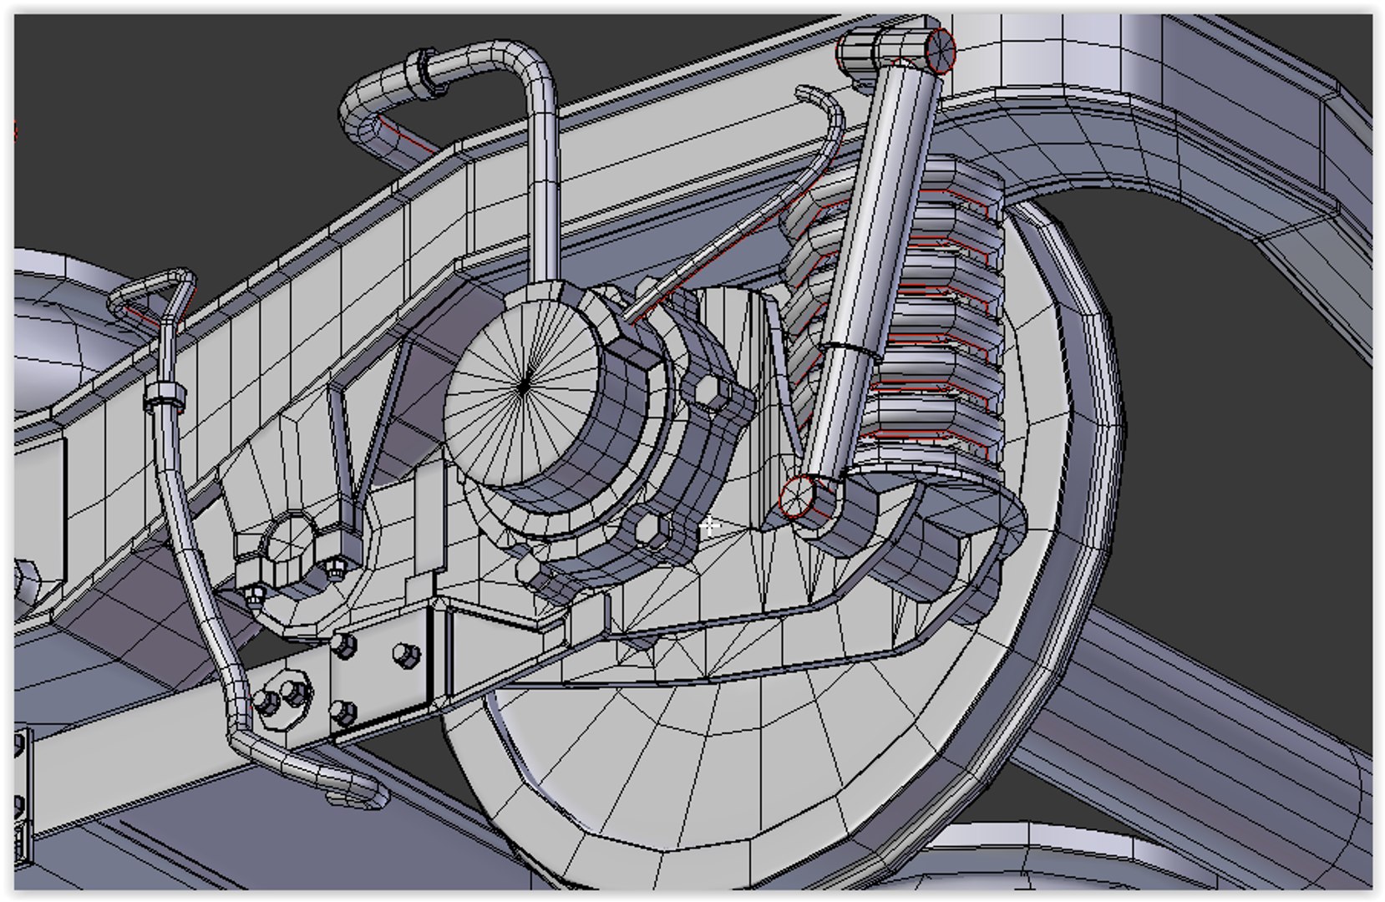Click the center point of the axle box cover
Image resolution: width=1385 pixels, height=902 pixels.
point(524,386)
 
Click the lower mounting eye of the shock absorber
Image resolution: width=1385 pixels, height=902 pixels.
point(797,497)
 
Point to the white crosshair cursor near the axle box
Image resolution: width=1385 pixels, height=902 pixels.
point(709,525)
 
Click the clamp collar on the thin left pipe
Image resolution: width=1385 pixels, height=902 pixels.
point(164,397)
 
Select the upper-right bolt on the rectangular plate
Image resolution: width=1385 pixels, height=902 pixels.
point(404,656)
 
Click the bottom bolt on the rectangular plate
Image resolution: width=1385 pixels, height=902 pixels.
point(343,713)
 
